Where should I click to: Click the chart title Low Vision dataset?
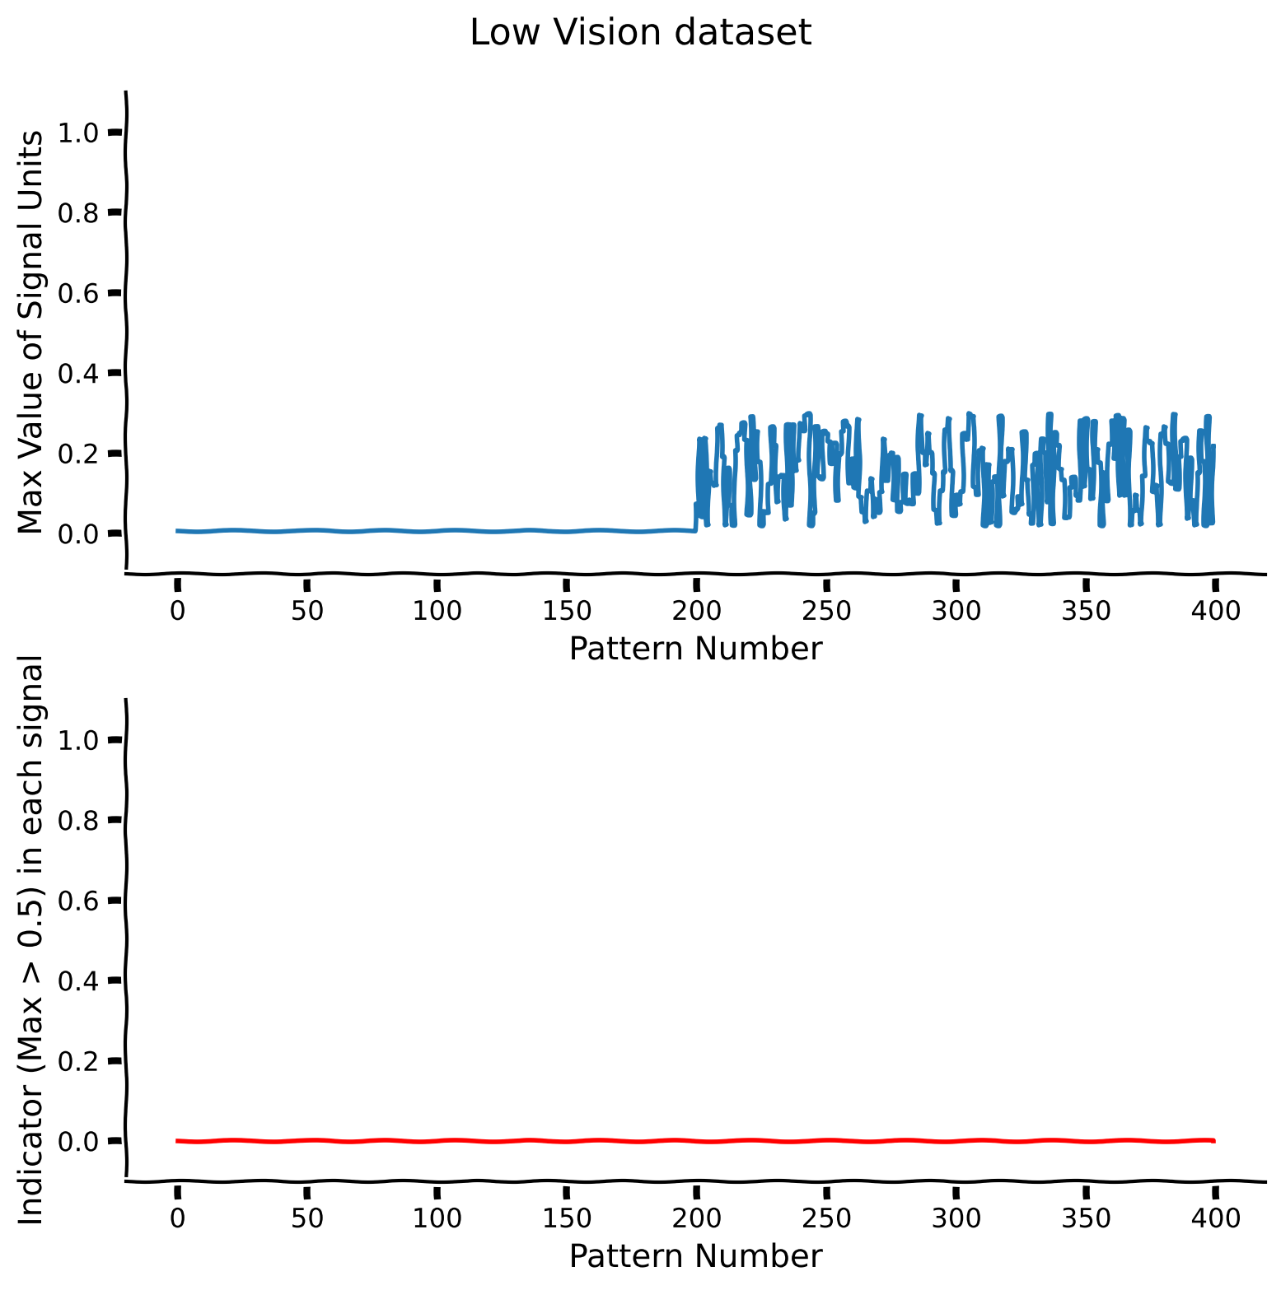(640, 33)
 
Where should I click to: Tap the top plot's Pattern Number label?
(696, 650)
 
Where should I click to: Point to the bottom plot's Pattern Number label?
(696, 1256)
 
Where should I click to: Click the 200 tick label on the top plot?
(696, 611)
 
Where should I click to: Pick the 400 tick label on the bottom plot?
(1216, 1218)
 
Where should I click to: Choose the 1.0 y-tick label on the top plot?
(79, 132)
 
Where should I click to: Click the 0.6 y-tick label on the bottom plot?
(79, 900)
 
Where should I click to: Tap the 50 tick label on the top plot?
(306, 611)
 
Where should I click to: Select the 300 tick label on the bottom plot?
(956, 1218)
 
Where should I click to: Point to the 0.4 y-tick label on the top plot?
(79, 373)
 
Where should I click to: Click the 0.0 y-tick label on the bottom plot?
(79, 1141)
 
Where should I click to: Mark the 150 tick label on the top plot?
(566, 611)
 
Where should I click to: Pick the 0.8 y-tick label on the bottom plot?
(79, 820)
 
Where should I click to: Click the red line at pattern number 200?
(696, 1141)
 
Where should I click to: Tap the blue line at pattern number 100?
(437, 531)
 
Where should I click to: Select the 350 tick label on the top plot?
(1086, 611)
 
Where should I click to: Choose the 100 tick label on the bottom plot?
(437, 1218)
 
